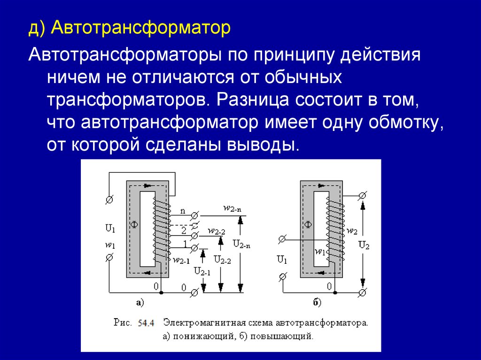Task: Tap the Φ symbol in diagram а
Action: point(134,226)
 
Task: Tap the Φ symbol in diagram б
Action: point(308,225)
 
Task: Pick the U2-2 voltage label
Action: point(222,259)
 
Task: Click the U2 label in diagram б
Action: point(364,245)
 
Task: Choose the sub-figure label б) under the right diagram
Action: point(317,303)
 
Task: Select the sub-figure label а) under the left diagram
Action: point(140,303)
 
